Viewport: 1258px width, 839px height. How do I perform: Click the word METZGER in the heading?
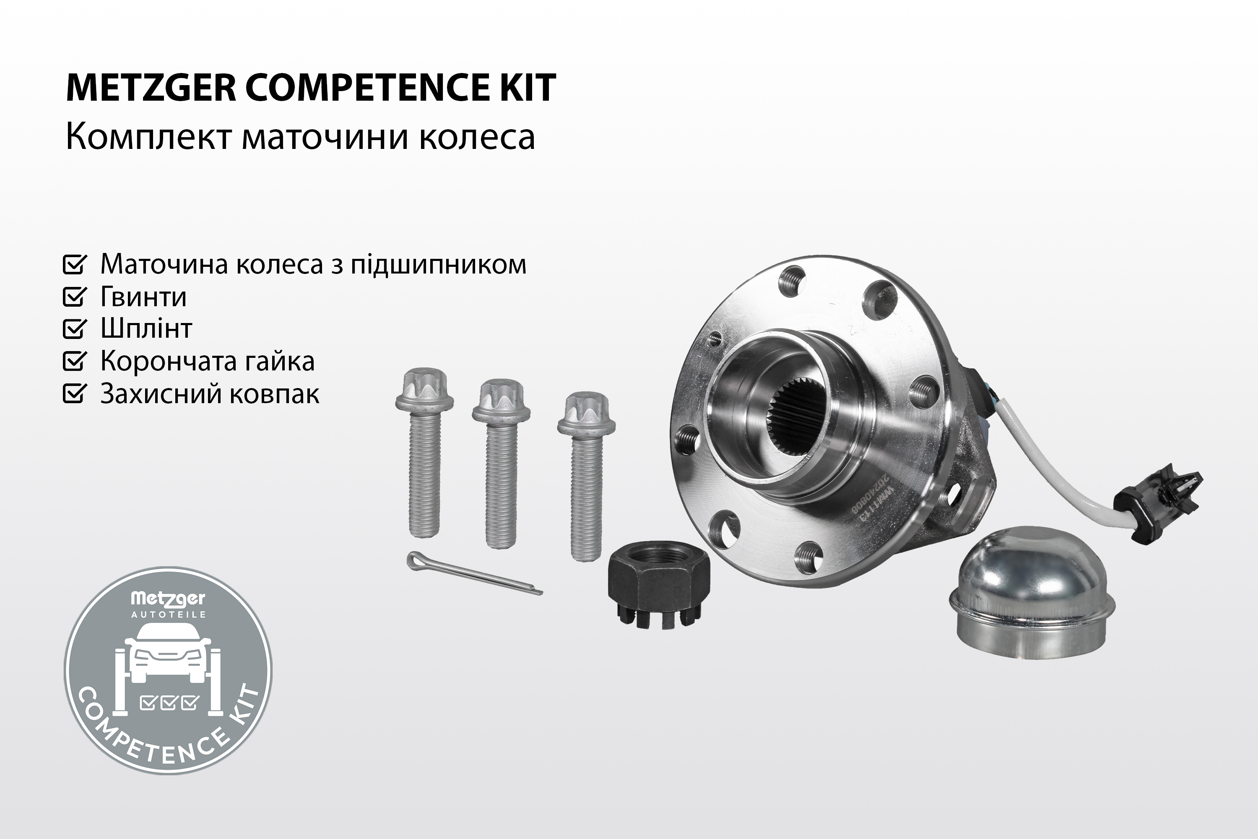[x=151, y=88]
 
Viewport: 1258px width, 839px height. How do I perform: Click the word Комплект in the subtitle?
[x=149, y=137]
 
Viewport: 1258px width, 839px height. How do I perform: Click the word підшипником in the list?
[x=439, y=265]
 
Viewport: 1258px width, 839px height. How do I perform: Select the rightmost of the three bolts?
[x=586, y=476]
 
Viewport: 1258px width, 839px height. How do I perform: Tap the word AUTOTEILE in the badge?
[x=169, y=614]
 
